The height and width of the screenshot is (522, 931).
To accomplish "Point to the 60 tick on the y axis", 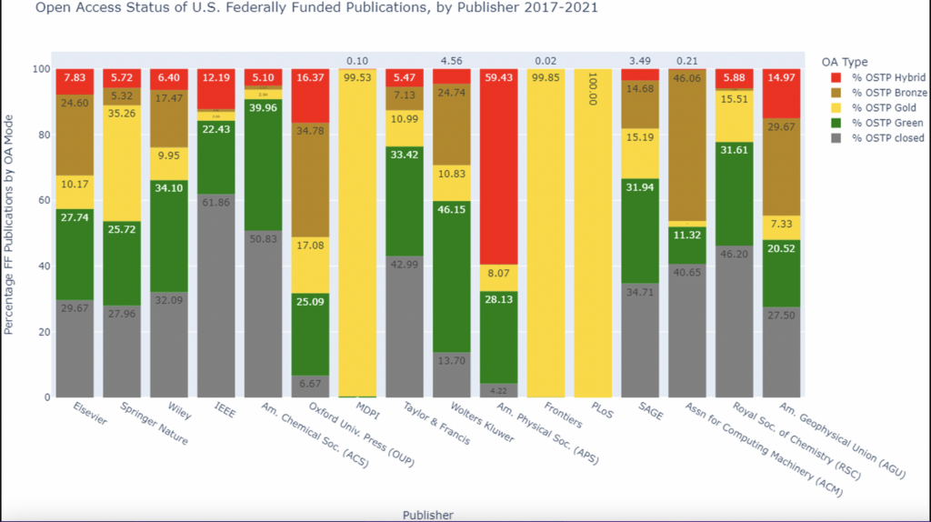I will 40,200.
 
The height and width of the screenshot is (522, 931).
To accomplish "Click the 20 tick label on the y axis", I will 40,332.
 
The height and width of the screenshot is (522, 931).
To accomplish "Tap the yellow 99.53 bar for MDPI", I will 356,227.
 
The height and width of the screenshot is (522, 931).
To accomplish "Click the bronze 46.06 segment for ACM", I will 687,146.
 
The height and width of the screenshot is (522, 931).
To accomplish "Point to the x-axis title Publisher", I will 427,515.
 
